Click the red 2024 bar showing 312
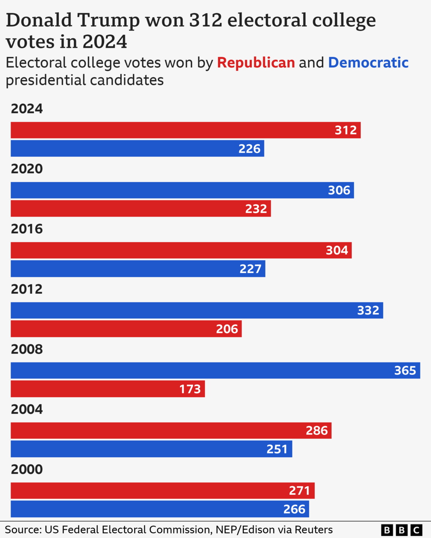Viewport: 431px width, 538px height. pos(185,130)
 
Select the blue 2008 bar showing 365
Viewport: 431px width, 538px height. pos(215,370)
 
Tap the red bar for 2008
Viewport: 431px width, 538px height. pos(108,389)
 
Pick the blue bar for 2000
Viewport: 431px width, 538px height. pos(160,509)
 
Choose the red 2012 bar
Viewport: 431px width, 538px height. pos(126,329)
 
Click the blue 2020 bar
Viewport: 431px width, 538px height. pos(182,190)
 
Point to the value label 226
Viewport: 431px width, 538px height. pos(250,149)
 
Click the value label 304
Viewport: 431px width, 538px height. pos(337,250)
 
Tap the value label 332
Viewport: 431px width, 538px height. pos(368,310)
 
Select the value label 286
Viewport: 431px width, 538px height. pos(317,431)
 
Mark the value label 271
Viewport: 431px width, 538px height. pos(300,491)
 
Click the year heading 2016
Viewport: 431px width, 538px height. pos(27,229)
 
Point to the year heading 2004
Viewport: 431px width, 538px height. pos(27,409)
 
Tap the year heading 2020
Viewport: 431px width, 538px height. pos(27,169)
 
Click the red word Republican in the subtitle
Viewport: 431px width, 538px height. pos(256,63)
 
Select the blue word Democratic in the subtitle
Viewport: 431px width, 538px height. pos(368,63)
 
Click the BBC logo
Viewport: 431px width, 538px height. pos(401,530)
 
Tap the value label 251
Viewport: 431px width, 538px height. pos(277,449)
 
